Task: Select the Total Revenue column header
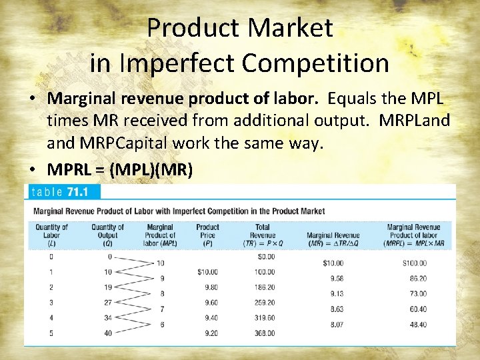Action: tap(263, 235)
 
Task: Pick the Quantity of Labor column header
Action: tap(51, 235)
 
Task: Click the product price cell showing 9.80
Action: tap(209, 288)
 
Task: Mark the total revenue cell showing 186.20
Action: tap(265, 288)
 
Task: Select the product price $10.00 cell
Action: tap(208, 272)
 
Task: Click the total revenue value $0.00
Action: tap(266, 257)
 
